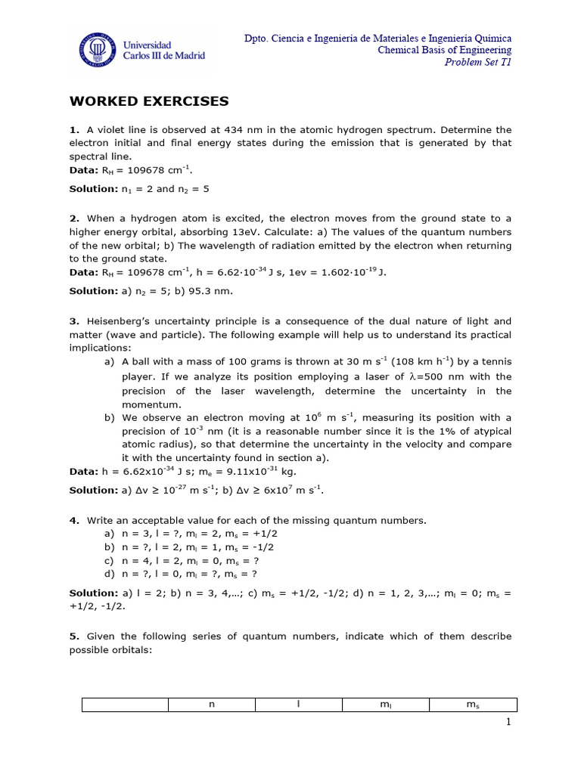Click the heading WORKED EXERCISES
[x=149, y=101]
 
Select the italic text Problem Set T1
[x=477, y=62]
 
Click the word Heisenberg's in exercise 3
[x=122, y=320]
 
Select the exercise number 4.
[x=73, y=520]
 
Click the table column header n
[x=212, y=705]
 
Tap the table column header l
[x=299, y=705]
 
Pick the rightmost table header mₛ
[x=473, y=705]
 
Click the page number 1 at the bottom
[x=509, y=724]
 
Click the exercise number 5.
[x=73, y=636]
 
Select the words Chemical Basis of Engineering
[x=445, y=50]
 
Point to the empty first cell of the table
[x=125, y=705]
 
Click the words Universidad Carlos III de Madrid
[x=164, y=51]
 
